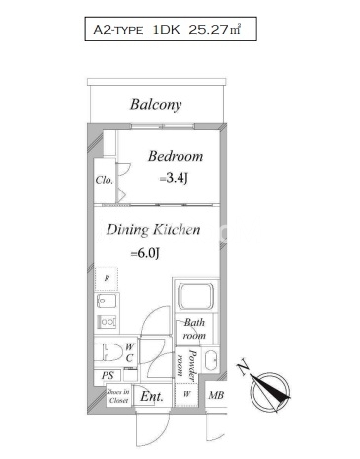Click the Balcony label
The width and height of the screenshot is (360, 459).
(x=156, y=105)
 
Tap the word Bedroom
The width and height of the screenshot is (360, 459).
(x=176, y=156)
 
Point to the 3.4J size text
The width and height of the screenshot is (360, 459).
(x=174, y=178)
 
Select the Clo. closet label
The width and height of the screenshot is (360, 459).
(x=105, y=180)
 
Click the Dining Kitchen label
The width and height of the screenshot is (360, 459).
(x=153, y=230)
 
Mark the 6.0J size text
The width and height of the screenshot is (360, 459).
(x=145, y=253)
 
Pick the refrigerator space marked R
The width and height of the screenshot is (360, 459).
(x=107, y=279)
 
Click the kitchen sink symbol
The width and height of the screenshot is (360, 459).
(x=107, y=301)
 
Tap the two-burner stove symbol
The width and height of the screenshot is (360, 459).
(x=107, y=321)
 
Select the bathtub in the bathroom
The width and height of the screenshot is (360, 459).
(x=195, y=296)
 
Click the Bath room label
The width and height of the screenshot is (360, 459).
(x=194, y=329)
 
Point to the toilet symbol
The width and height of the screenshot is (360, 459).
(x=108, y=352)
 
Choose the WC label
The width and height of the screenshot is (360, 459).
(x=129, y=352)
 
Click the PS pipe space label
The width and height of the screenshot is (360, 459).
(x=108, y=375)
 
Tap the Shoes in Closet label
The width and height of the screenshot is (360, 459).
(x=118, y=396)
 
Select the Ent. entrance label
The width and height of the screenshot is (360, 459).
(x=152, y=396)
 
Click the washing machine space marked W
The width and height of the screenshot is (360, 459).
(x=186, y=394)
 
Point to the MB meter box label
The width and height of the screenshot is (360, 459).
(x=216, y=395)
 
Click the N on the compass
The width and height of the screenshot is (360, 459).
(x=243, y=366)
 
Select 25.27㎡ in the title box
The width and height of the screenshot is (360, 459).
(x=215, y=30)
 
